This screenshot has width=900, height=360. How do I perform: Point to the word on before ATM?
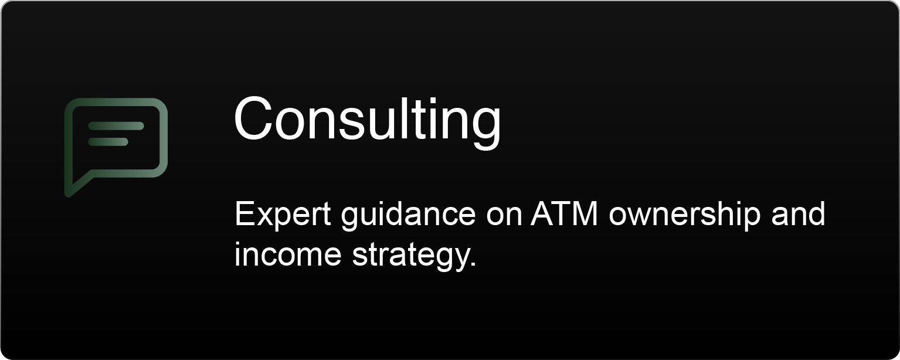point(504,215)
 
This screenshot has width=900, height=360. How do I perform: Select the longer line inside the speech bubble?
point(116,126)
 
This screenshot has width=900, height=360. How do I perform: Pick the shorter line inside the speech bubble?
point(108,142)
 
